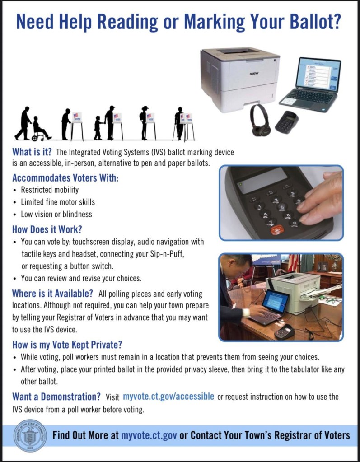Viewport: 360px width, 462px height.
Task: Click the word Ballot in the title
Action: click(315, 21)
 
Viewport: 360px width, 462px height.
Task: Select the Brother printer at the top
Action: click(240, 79)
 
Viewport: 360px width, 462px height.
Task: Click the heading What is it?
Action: click(32, 152)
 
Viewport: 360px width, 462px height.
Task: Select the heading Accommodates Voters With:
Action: click(65, 178)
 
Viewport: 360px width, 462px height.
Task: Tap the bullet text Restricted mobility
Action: click(50, 190)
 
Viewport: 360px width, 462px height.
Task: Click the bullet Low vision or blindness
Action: click(56, 214)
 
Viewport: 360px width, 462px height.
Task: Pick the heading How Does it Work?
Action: click(47, 229)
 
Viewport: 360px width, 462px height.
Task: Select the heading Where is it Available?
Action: click(52, 294)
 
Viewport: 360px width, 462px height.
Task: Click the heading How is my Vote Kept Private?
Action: click(67, 345)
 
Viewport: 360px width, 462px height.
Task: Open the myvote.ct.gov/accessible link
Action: click(168, 397)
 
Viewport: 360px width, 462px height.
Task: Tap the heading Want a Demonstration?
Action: click(56, 397)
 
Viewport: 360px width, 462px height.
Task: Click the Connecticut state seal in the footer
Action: click(30, 436)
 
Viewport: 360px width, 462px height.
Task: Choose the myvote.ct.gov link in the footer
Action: click(149, 435)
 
